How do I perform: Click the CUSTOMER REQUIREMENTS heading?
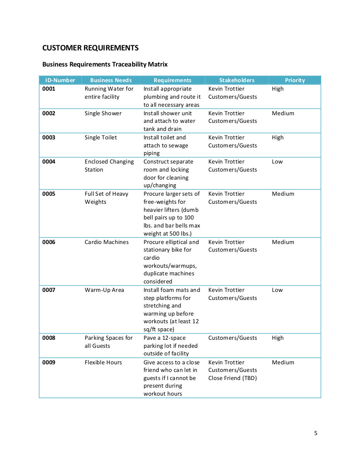[x=90, y=47]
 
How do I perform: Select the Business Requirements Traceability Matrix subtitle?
[x=105, y=64]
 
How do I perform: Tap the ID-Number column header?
[x=60, y=80]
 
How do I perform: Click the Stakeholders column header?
[x=237, y=80]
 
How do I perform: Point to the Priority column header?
[x=295, y=80]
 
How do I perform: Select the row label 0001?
[x=49, y=89]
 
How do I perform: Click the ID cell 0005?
[x=49, y=194]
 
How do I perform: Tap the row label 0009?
[x=49, y=363]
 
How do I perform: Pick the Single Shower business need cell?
[x=103, y=114]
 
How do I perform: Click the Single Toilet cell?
[x=101, y=138]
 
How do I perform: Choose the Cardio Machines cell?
[x=106, y=242]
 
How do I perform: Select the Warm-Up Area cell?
[x=104, y=290]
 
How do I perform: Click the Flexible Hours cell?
[x=103, y=363]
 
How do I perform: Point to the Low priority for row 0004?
[x=277, y=162]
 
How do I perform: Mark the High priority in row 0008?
[x=278, y=338]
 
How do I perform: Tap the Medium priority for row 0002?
[x=283, y=114]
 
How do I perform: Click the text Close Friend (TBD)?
[x=233, y=378]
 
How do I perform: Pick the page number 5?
[x=316, y=433]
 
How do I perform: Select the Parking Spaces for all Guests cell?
[x=108, y=342]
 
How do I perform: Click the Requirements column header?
[x=172, y=80]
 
